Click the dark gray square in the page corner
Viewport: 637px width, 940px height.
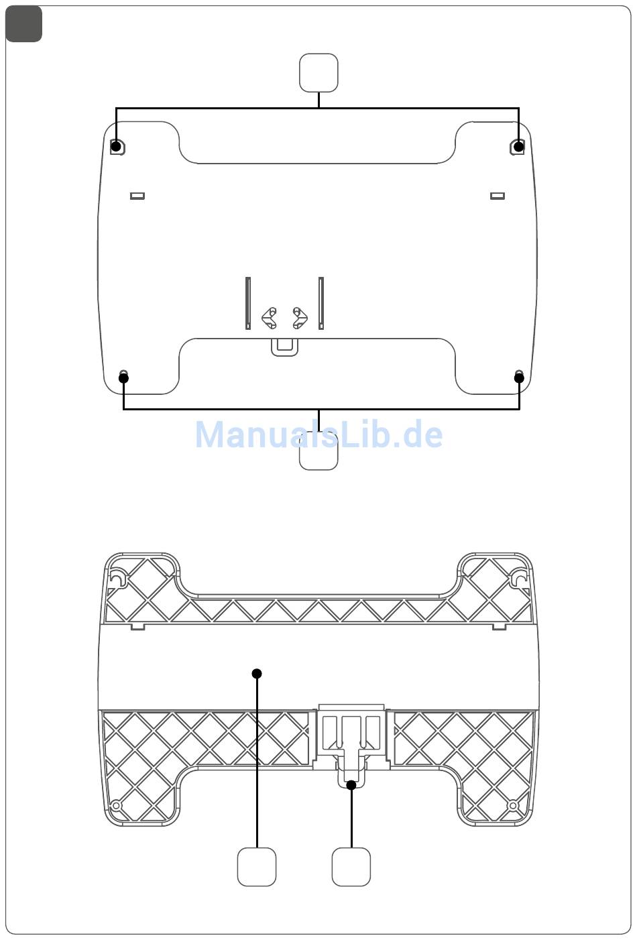(x=23, y=24)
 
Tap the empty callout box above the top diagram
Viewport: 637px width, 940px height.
(x=318, y=72)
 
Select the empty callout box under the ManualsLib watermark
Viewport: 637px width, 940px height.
(x=318, y=451)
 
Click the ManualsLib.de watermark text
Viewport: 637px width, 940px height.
(x=319, y=434)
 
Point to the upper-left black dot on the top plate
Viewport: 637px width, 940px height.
(x=116, y=146)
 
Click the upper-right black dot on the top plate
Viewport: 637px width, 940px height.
(x=519, y=146)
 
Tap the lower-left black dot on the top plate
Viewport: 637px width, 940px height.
(x=123, y=377)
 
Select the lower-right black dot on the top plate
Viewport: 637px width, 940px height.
(x=519, y=377)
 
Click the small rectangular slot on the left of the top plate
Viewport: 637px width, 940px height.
(x=137, y=196)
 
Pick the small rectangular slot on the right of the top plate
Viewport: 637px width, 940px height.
(x=498, y=196)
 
